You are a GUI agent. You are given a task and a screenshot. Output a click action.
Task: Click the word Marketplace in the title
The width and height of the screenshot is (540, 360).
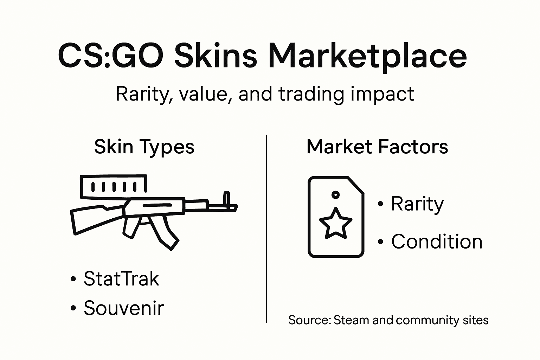coord(367,56)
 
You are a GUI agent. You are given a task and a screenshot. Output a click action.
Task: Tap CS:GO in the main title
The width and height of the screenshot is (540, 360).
coord(110,56)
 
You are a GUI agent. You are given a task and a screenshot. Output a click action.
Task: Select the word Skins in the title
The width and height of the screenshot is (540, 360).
coord(215,56)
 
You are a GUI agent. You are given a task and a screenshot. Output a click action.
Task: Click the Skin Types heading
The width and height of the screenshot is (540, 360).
coord(144,147)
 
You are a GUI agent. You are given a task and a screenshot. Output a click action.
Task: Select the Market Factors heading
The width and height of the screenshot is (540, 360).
coord(377,147)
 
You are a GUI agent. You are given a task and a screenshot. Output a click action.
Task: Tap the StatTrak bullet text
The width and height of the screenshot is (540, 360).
coord(121,278)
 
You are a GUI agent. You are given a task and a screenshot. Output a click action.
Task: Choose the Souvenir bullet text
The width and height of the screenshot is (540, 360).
coord(124,308)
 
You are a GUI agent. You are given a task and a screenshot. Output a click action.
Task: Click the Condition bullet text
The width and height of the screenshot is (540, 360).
coord(437,242)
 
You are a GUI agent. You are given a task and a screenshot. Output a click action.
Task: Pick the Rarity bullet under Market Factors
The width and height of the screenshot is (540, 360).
coord(417,204)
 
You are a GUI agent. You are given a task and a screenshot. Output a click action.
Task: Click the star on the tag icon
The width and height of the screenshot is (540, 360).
coord(335,223)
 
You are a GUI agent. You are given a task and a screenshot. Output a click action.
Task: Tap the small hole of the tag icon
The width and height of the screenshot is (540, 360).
coord(335,194)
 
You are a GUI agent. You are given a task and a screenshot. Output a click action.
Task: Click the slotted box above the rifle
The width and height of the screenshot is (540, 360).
coord(113,186)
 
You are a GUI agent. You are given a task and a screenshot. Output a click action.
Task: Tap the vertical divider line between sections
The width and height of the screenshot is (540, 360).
coord(266,229)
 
